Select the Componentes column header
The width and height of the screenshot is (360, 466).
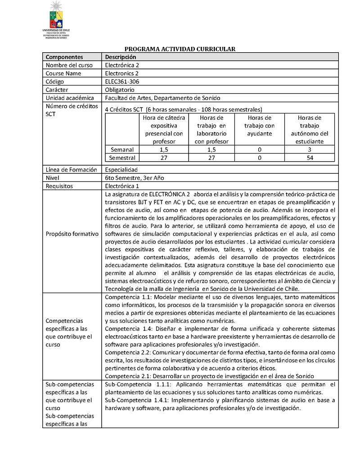tap(64, 57)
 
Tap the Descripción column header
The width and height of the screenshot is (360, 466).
tap(120, 57)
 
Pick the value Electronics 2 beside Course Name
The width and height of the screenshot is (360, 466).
tap(122, 73)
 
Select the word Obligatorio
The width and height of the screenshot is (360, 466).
tap(119, 90)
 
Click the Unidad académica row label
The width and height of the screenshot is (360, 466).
tap(70, 98)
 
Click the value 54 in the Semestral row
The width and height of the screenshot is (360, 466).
tap(309, 158)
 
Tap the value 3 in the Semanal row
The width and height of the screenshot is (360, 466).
tap(309, 149)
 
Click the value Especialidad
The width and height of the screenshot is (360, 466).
tap(121, 170)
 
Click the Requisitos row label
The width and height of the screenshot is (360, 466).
tap(59, 186)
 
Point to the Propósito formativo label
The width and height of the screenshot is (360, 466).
tap(72, 235)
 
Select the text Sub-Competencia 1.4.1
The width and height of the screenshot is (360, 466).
tap(138, 400)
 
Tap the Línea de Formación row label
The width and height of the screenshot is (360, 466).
tap(71, 170)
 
